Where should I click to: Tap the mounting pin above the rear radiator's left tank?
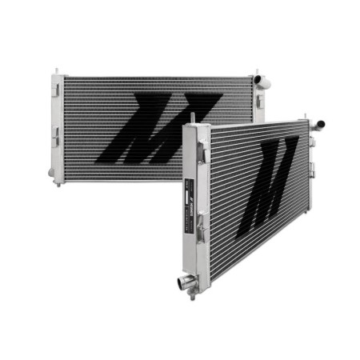coord(57,73)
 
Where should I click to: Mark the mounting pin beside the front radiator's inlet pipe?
coord(309,115)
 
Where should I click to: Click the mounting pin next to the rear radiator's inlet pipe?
coord(255,73)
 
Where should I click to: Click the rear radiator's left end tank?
coord(57,128)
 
